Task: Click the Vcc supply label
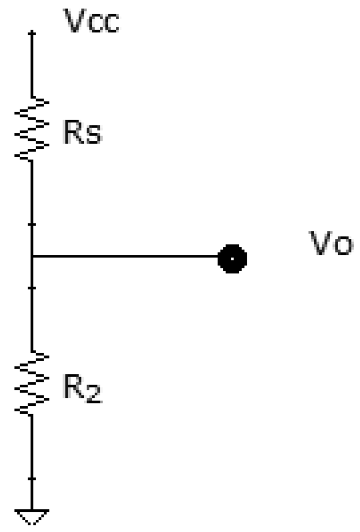point(91,23)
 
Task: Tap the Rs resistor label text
point(82,133)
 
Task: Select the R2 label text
point(82,389)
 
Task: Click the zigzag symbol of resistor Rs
point(32,128)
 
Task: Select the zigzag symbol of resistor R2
point(32,383)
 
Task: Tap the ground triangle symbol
point(32,516)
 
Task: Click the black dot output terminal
point(232,259)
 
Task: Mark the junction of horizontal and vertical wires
point(32,256)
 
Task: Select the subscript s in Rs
point(93,136)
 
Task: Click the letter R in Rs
point(72,133)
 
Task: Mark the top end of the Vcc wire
point(32,34)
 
